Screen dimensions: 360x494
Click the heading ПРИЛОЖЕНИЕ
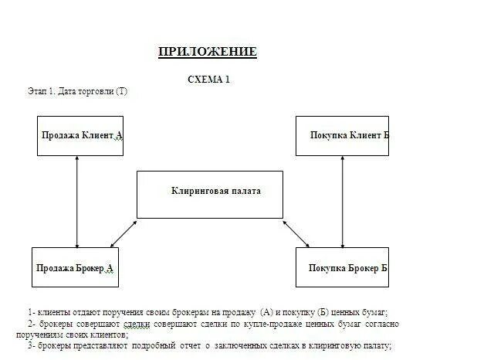[x=207, y=53]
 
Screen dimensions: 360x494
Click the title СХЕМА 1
[x=208, y=80]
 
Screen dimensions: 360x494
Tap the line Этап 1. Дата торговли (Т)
[x=77, y=92]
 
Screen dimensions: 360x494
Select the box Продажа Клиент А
[x=80, y=135]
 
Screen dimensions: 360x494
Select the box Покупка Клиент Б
[x=342, y=135]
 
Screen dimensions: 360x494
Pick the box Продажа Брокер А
[x=74, y=267]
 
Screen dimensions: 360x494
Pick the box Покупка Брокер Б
[x=342, y=267]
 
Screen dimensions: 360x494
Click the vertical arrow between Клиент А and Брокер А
[x=77, y=201]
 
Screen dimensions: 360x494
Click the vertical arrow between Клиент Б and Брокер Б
[x=342, y=201]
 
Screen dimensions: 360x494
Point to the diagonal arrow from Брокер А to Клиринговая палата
[x=123, y=234]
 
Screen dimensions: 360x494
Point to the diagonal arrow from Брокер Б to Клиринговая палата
[x=296, y=234]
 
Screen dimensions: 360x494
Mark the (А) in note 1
[x=269, y=311]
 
